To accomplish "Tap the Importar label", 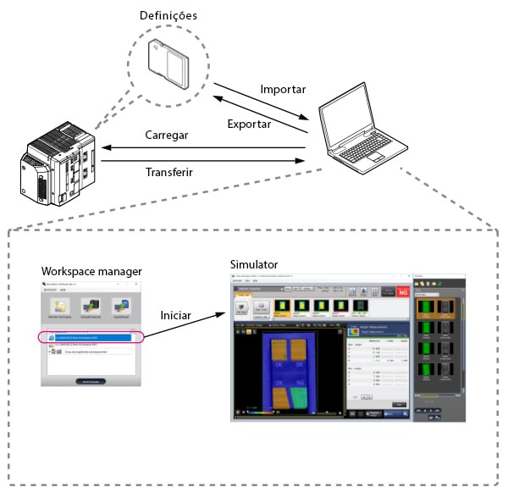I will tap(284, 89).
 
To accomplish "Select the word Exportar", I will tap(250, 124).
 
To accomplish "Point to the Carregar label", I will tap(168, 136).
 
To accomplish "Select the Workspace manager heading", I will tap(91, 270).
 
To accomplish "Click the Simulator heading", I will tap(253, 264).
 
